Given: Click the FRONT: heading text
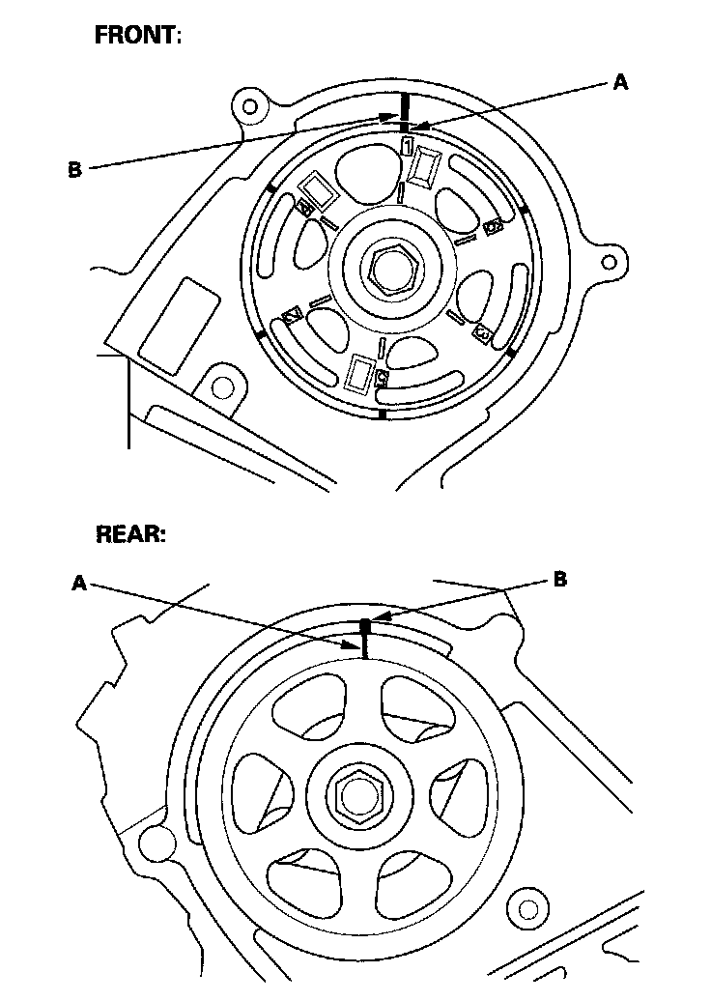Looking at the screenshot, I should point(137,37).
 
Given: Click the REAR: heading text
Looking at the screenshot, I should point(130,535).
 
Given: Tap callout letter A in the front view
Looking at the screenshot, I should point(621,84).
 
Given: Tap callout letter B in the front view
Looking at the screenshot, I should point(74,170).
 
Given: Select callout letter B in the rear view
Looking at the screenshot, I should point(559,581).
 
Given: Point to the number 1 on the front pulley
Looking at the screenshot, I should point(409,145).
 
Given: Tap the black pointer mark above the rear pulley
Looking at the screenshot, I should point(366,626).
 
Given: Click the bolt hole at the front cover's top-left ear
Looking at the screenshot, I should point(251,104).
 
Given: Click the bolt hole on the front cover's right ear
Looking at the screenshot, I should point(606,261).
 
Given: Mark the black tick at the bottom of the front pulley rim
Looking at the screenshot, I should point(384,414).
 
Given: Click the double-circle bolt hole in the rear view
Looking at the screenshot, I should point(528,909).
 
